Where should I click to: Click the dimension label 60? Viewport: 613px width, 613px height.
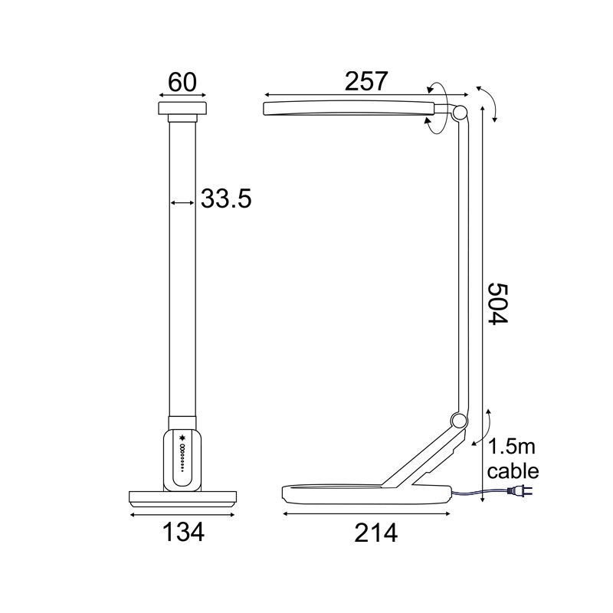[x=182, y=82]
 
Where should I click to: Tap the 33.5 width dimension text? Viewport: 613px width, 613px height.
[x=226, y=199]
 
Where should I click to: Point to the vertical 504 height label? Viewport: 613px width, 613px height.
[x=499, y=304]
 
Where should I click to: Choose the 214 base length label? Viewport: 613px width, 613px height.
[x=365, y=533]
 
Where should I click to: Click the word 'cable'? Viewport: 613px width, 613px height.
[x=513, y=470]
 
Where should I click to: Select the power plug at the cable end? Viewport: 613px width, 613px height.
[x=520, y=493]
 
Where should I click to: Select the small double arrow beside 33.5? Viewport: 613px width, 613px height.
[x=182, y=202]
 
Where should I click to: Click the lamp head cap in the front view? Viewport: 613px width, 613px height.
[x=182, y=108]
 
